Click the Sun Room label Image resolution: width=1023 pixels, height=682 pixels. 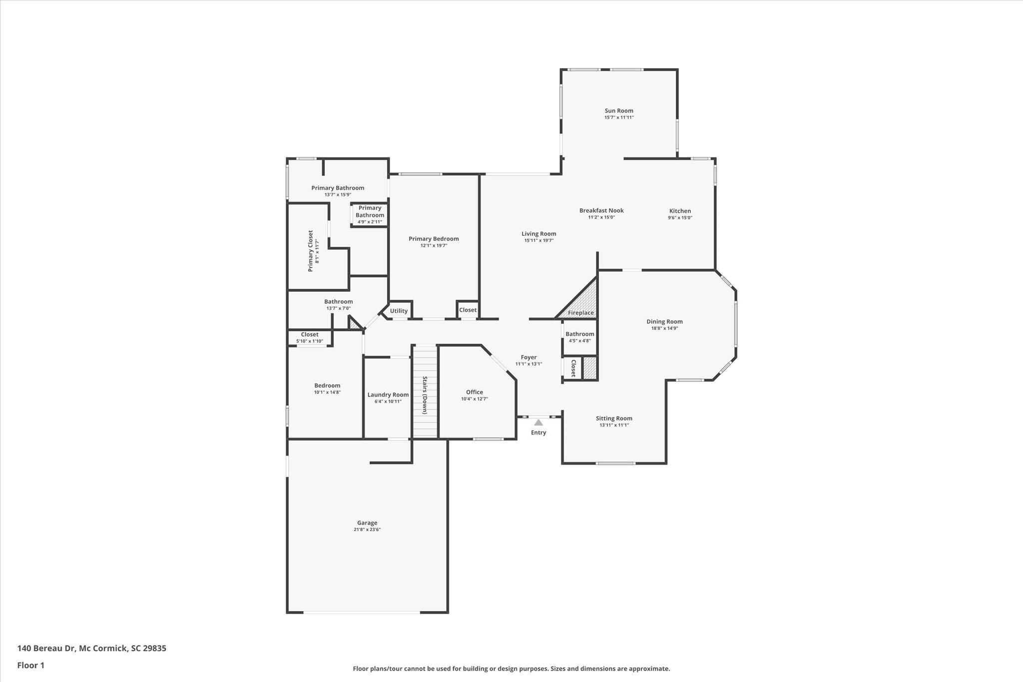tap(619, 111)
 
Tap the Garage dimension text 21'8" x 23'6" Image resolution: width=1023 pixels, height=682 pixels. tap(367, 530)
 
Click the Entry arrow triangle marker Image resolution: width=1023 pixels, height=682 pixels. tap(538, 423)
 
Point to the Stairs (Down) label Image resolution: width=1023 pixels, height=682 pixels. tap(425, 395)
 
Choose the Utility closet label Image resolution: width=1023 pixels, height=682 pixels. tap(399, 311)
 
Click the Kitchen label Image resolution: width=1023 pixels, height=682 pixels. tap(680, 211)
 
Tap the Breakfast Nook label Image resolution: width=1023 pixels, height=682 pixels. tap(601, 210)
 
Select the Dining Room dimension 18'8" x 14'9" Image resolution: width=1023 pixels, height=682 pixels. tap(664, 328)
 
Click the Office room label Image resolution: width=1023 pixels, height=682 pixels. tap(475, 392)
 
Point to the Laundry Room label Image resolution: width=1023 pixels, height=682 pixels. tap(388, 395)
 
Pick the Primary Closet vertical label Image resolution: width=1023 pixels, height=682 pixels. tap(310, 251)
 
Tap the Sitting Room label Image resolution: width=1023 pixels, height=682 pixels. tap(614, 418)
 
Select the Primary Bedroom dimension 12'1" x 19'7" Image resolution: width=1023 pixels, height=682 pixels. tap(434, 245)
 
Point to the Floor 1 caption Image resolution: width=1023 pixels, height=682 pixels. tap(31, 665)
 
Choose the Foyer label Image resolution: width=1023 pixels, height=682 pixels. tap(528, 357)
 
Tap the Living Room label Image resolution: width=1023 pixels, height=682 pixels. tap(538, 234)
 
